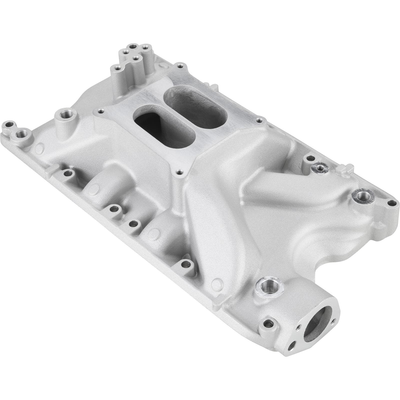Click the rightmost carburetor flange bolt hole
pos(259,121)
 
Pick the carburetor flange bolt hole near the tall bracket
pos(179,66)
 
